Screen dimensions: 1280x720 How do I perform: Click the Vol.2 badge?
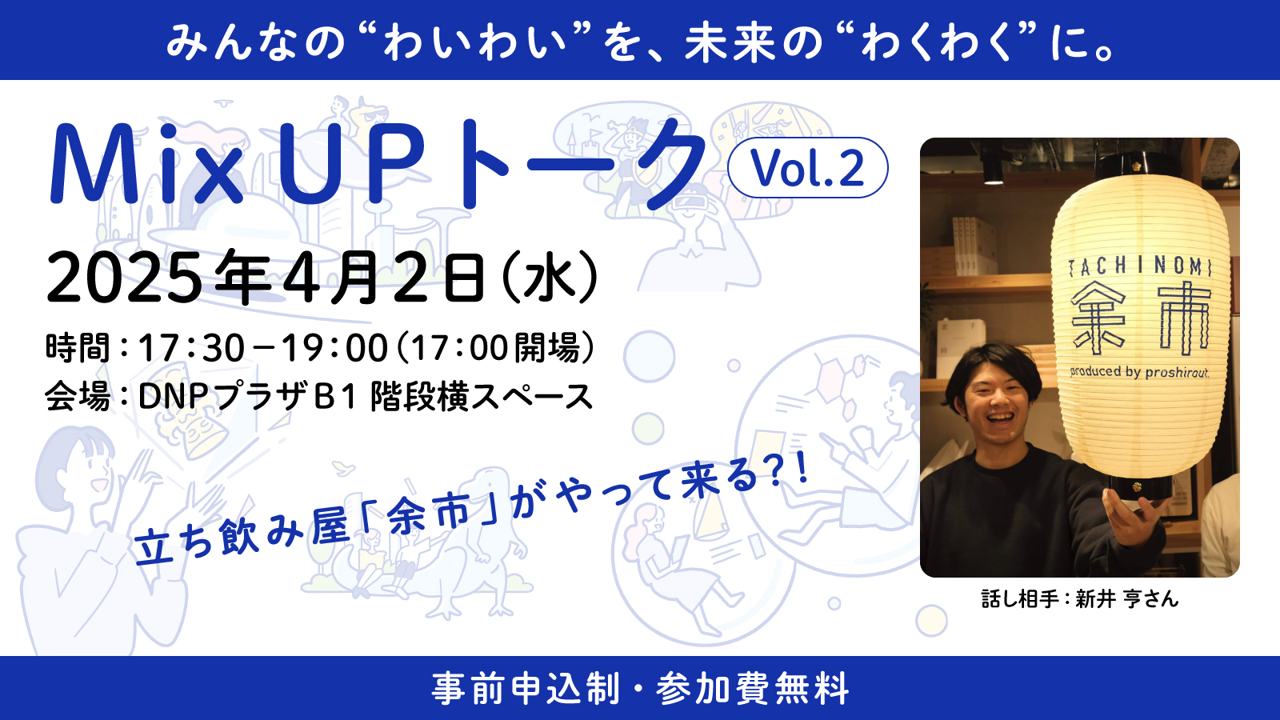(x=807, y=167)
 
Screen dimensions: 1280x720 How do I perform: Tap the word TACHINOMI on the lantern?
(x=1140, y=267)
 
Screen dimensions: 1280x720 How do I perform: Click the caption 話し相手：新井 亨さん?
(x=1080, y=599)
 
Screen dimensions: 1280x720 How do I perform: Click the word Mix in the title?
(x=147, y=164)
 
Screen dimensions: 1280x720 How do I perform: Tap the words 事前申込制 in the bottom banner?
(x=526, y=689)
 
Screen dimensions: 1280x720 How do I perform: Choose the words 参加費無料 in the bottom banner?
(x=753, y=689)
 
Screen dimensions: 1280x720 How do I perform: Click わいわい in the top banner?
(x=474, y=42)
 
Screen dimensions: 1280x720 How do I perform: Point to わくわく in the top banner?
(x=937, y=42)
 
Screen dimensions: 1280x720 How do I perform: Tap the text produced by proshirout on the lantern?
(x=1139, y=371)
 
